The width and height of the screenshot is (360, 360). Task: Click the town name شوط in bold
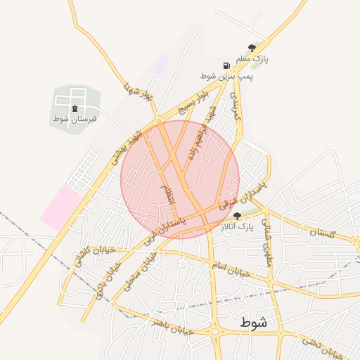coord(253,323)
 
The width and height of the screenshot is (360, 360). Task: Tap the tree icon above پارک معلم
coord(252,47)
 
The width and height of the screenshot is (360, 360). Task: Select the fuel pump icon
coord(226,64)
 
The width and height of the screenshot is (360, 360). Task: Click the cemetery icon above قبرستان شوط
coord(75,108)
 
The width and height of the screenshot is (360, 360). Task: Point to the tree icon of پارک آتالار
coord(236,216)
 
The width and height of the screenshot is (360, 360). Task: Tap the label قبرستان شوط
coord(75,119)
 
